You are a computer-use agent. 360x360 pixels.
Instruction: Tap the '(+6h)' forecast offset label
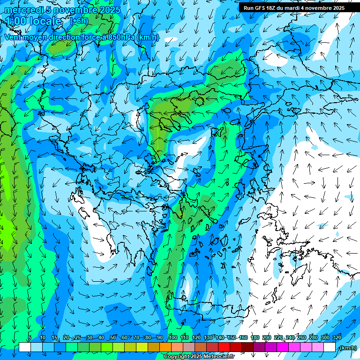click(x=79, y=21)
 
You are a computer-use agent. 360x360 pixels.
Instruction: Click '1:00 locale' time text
click(x=34, y=21)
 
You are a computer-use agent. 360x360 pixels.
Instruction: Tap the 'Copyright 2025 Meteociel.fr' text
click(x=199, y=357)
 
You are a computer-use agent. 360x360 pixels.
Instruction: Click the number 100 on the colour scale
click(x=172, y=337)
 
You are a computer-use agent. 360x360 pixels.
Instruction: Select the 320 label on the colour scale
click(x=337, y=337)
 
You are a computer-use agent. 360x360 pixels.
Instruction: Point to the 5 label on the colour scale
click(x=30, y=337)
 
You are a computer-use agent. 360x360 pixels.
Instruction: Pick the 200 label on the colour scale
click(x=267, y=337)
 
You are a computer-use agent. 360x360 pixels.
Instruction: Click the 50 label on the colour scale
click(x=113, y=337)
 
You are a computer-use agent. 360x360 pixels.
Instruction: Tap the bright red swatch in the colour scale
click(x=224, y=347)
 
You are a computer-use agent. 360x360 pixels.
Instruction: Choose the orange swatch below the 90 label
click(x=165, y=347)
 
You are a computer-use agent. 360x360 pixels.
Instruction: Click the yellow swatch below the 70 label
click(x=142, y=347)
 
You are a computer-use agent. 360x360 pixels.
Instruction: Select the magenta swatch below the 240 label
click(x=294, y=347)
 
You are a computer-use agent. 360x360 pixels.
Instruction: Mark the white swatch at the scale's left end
click(x=24, y=347)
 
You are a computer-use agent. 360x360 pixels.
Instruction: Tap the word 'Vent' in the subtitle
click(x=14, y=37)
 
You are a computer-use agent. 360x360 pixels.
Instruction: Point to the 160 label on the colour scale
click(x=243, y=337)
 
